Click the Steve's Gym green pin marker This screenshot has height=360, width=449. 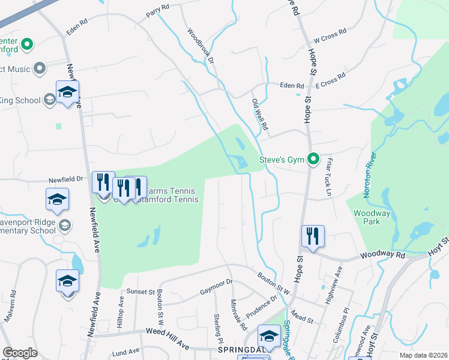tap(313, 160)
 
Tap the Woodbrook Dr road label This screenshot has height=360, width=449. tap(200, 46)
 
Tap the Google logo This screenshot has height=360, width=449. tap(20, 353)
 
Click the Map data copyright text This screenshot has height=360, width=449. tap(423, 355)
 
